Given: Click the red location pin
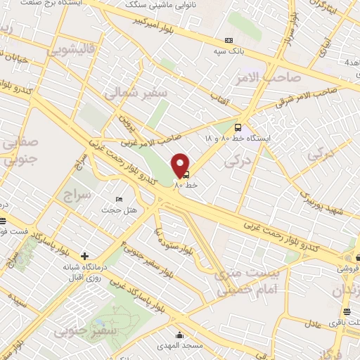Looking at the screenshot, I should tap(181, 165).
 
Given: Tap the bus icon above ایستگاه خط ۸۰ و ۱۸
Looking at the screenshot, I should tap(238, 128).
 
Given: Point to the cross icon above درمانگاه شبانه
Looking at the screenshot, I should tap(85, 256).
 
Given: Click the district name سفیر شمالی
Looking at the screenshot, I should tap(135, 92).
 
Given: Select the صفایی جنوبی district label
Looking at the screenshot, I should tap(20, 150).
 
